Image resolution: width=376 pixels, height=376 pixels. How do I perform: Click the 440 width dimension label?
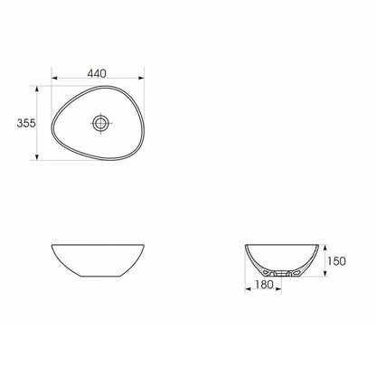97,73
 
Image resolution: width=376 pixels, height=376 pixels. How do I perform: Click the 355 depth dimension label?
26,123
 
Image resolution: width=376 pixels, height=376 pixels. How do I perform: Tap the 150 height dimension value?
337,261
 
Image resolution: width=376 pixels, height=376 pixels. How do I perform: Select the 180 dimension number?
264,285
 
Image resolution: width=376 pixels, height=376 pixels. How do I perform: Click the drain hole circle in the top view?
100,123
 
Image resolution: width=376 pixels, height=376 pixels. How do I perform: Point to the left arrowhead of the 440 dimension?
54,78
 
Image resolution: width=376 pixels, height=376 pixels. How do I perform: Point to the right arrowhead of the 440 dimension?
141,78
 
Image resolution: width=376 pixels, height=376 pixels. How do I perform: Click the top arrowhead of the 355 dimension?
37,89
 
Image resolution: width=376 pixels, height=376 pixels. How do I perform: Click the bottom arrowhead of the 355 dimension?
37,157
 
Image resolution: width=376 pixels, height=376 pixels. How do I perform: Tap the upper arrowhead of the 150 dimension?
325,248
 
